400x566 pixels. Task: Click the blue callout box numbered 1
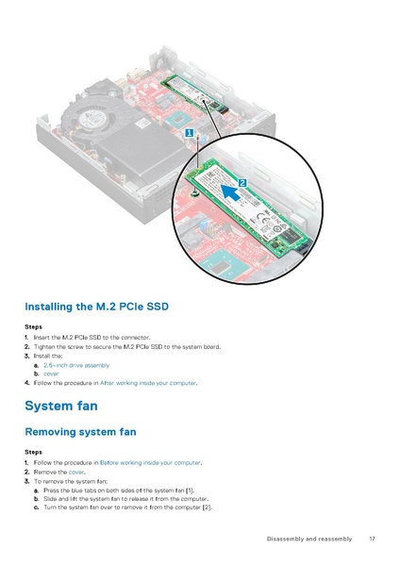(190, 134)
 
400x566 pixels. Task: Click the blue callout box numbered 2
(242, 181)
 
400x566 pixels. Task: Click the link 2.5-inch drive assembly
(76, 365)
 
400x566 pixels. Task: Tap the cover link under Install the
(51, 374)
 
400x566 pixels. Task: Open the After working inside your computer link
(148, 383)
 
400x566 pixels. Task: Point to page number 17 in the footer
(373, 539)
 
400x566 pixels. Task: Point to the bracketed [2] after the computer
(207, 508)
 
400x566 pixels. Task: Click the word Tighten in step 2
(44, 347)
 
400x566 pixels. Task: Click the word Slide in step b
(52, 499)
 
